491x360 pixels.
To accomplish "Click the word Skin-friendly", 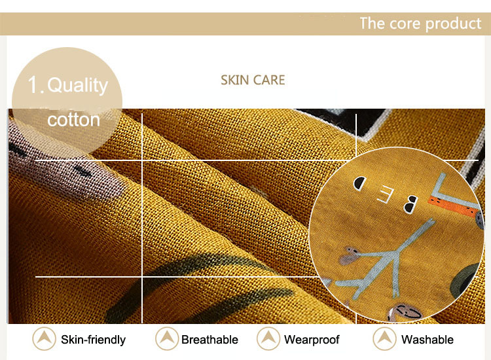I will coord(93,339).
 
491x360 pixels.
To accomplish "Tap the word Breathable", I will coord(209,339).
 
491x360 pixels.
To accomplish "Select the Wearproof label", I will coord(312,339).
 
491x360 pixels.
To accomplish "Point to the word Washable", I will coord(427,339).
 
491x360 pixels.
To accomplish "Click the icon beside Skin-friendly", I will coord(44,338).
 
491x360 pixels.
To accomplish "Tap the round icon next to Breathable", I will coord(167,338).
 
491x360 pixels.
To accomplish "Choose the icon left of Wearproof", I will coord(268,338).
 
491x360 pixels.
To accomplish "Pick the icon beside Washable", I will coord(385,338).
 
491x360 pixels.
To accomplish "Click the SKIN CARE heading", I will coord(253,80).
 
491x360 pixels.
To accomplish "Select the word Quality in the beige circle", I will coord(77,85).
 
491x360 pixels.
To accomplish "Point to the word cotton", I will coord(73,119).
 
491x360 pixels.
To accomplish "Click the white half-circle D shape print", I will coord(359,183).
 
